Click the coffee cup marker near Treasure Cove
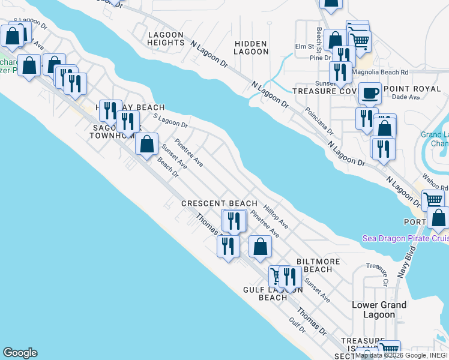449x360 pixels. pyautogui.click(x=370, y=94)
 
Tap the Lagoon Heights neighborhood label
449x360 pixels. pyautogui.click(x=166, y=39)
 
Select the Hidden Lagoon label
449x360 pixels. pyautogui.click(x=252, y=47)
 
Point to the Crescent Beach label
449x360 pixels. pyautogui.click(x=219, y=204)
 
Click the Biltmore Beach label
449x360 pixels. pyautogui.click(x=318, y=265)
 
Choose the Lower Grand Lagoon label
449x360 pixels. pyautogui.click(x=379, y=310)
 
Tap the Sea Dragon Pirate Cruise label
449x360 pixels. pyautogui.click(x=405, y=238)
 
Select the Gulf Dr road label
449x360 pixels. pyautogui.click(x=297, y=325)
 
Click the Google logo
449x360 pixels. pyautogui.click(x=20, y=353)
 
